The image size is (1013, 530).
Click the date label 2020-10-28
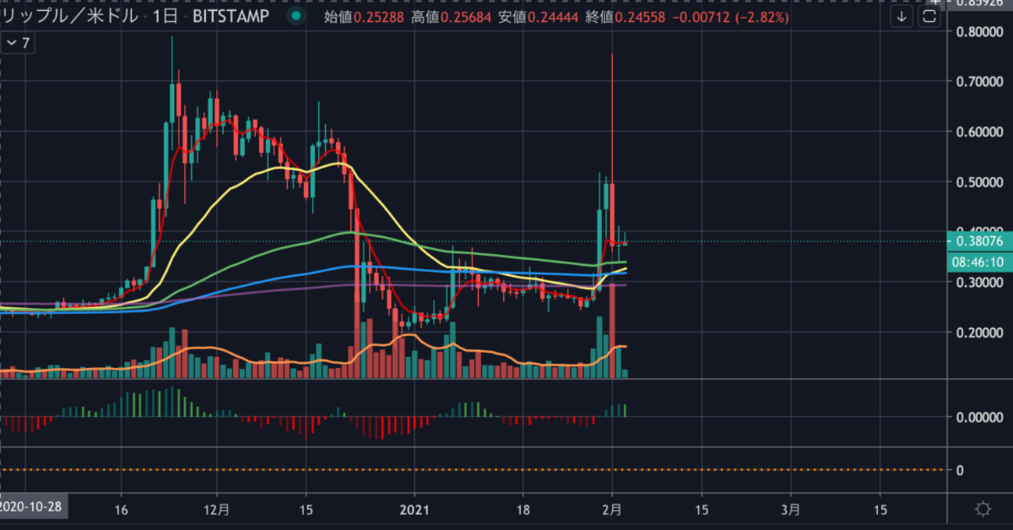pos(32,507)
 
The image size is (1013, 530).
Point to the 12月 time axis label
pos(218,510)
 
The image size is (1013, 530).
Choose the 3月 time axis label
pos(790,510)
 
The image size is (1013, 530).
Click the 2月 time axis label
pos(612,510)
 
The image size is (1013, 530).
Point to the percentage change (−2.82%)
pos(763,16)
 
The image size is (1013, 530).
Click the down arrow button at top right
pos(902,16)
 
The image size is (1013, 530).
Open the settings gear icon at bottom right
pos(983,510)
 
